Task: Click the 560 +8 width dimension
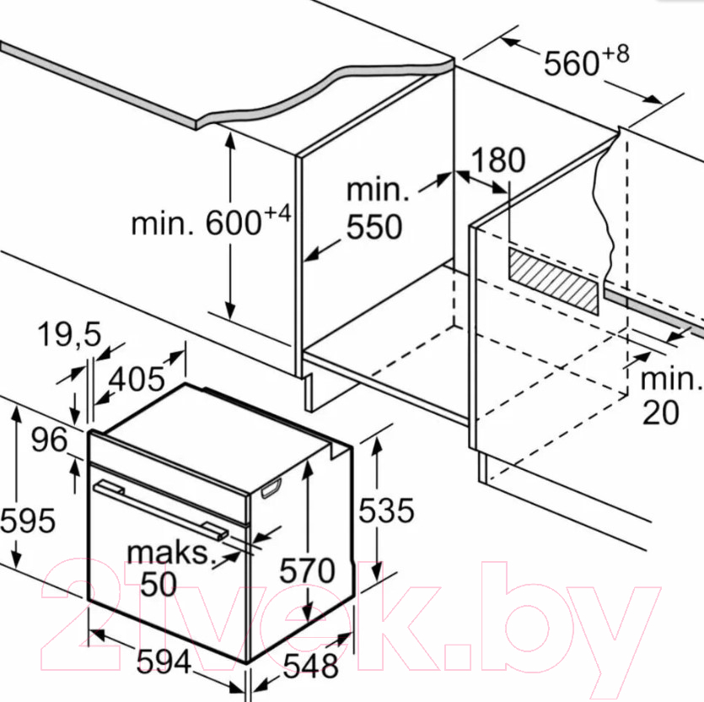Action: [586, 60]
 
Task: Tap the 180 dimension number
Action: [498, 159]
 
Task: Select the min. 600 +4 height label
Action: [211, 220]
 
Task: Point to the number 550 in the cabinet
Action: [374, 226]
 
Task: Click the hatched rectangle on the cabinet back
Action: [554, 281]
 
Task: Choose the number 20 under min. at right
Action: [660, 412]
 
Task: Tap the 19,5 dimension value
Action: [69, 335]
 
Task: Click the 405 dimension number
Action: [137, 379]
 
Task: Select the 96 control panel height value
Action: [50, 439]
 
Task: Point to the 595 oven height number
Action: [28, 521]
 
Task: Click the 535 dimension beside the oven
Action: [385, 510]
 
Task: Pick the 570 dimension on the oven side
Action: [307, 570]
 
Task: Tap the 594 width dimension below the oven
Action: [164, 661]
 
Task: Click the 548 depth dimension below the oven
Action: [311, 666]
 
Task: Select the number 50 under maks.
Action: [159, 584]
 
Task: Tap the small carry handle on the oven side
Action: [271, 488]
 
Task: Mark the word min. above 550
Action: [378, 190]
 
